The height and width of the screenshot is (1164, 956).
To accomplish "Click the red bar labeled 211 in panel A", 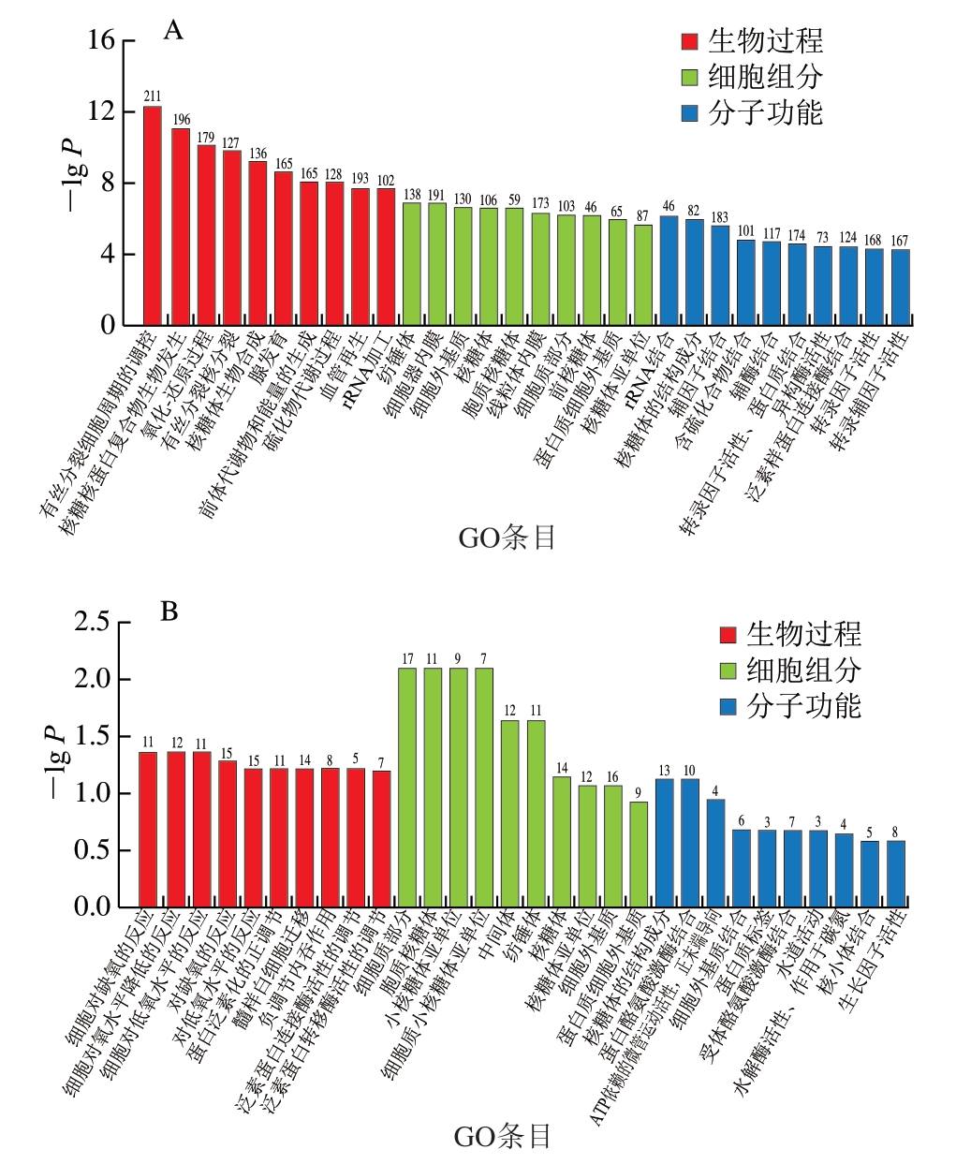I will tap(152, 215).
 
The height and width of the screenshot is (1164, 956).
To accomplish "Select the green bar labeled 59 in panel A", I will tap(514, 266).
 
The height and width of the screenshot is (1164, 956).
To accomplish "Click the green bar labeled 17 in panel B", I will tap(407, 787).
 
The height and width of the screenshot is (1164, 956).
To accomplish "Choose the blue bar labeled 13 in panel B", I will tap(665, 843).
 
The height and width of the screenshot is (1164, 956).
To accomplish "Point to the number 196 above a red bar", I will tap(181, 120).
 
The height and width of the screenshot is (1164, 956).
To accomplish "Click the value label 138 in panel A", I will tap(412, 195).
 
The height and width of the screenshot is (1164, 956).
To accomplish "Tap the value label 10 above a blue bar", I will tap(690, 771).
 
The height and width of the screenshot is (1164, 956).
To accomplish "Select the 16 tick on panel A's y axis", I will tap(102, 40).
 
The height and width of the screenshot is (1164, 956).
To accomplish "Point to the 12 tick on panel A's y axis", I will tap(102, 111).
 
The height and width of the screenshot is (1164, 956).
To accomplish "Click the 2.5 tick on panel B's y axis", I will tap(92, 623).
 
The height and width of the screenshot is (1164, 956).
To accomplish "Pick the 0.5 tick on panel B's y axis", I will tap(92, 850).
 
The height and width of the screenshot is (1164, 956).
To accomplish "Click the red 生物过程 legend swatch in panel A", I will tap(690, 42).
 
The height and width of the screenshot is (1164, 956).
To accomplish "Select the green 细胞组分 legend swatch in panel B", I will tap(728, 670).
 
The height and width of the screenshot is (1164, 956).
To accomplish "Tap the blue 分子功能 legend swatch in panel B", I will tap(728, 706).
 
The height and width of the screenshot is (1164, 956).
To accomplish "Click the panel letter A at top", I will tap(173, 31).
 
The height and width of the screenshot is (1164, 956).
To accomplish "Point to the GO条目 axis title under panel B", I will tap(502, 1137).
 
